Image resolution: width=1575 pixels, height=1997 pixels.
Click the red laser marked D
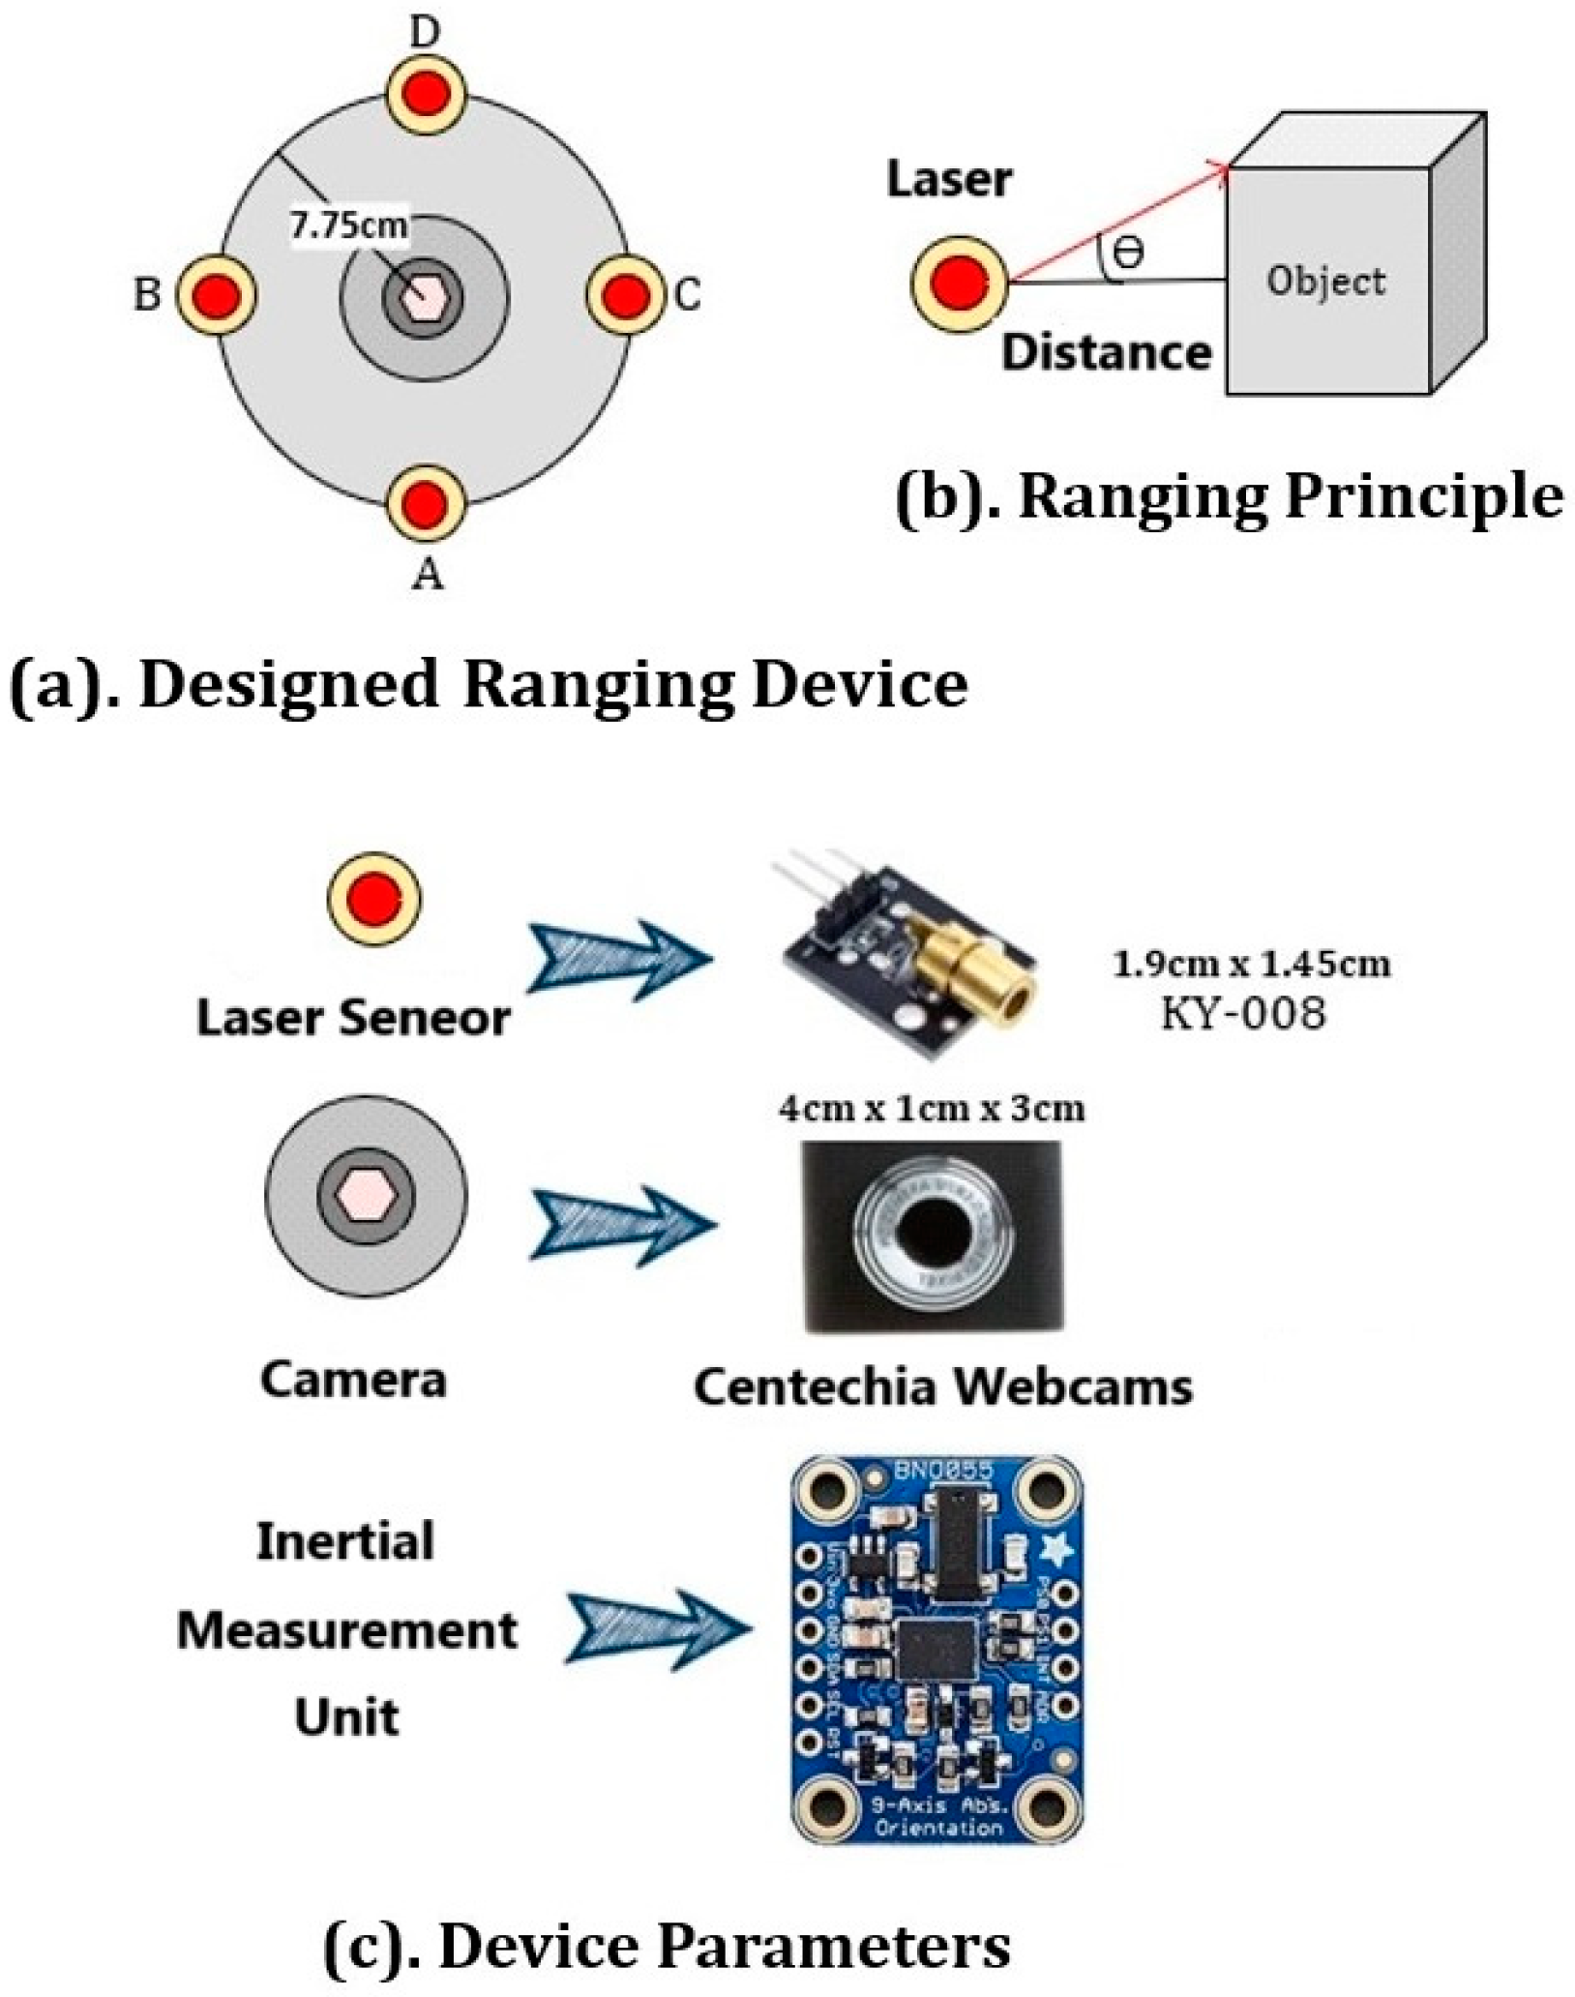[x=427, y=95]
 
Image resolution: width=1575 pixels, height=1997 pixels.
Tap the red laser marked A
[x=427, y=502]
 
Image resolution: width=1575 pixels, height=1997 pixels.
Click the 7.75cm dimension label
[x=349, y=226]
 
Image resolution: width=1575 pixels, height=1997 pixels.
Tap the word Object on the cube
[x=1325, y=282]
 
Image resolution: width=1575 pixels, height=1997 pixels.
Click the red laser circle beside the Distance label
[x=960, y=283]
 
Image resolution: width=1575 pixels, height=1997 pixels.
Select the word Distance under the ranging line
[x=1106, y=352]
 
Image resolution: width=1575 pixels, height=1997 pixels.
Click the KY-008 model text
[x=1243, y=1014]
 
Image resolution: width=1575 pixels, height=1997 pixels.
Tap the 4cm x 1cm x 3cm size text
[x=931, y=1108]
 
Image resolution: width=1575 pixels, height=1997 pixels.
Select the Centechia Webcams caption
[x=943, y=1386]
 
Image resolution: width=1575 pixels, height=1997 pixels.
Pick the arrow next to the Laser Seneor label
[x=620, y=959]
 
